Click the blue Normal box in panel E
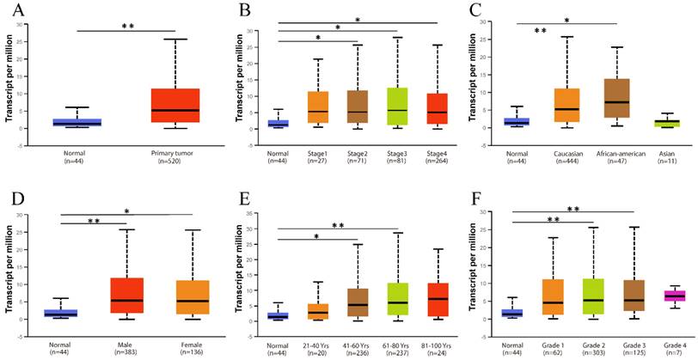pyautogui.click(x=278, y=315)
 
